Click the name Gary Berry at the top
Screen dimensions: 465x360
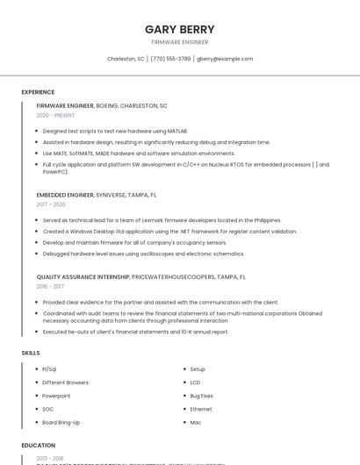(180, 29)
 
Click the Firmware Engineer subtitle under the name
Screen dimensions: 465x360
(180, 42)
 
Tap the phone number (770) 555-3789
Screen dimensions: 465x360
(170, 59)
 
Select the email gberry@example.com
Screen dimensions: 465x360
(225, 59)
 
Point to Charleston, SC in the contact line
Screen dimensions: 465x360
(126, 59)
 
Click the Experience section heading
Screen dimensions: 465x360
(38, 92)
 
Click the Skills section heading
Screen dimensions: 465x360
(31, 353)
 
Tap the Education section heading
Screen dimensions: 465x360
(39, 445)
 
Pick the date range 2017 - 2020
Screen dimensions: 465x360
(51, 204)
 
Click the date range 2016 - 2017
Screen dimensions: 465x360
(50, 286)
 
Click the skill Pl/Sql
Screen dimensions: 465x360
(49, 369)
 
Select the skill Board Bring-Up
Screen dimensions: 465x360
(61, 422)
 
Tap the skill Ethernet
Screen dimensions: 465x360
(201, 409)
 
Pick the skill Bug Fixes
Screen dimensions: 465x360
(202, 396)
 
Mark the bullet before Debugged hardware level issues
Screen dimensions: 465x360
(37, 254)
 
